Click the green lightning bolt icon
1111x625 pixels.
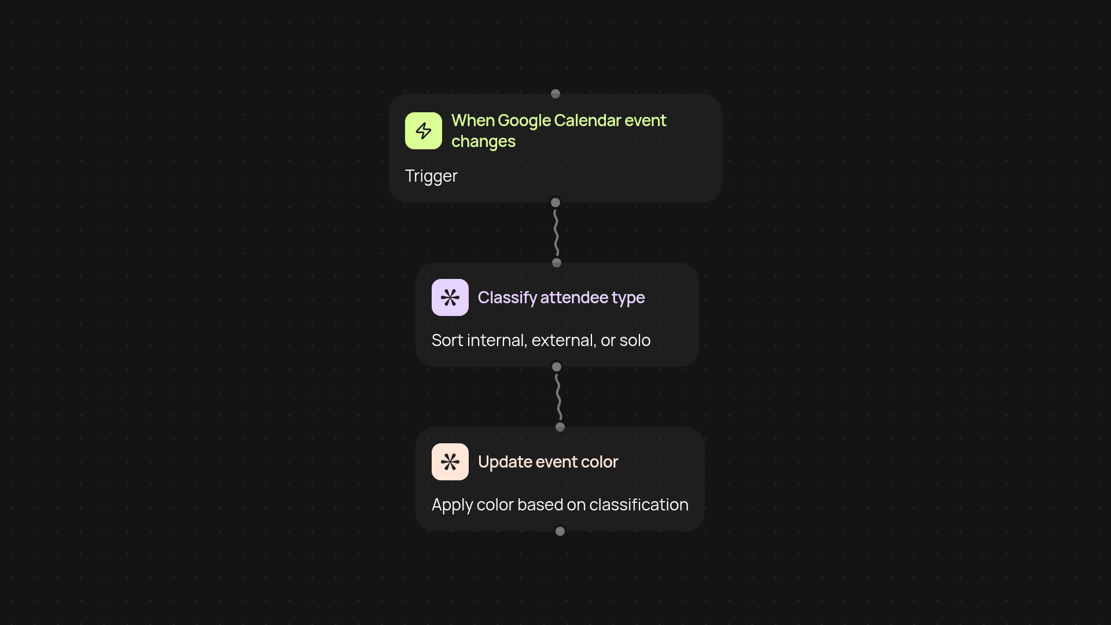pos(424,131)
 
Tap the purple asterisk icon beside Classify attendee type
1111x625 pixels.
pos(450,297)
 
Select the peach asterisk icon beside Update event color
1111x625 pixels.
pos(450,462)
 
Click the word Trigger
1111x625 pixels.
pos(431,176)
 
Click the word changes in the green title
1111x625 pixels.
pos(483,142)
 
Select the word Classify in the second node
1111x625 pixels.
pos(507,297)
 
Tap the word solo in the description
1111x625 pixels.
pos(635,340)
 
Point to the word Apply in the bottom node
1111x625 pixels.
pos(452,505)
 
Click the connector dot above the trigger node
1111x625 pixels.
pos(555,94)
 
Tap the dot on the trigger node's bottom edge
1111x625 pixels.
pos(555,203)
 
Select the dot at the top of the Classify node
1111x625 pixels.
pos(557,263)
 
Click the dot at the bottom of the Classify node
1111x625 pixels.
pos(557,367)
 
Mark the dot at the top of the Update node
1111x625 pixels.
pos(560,427)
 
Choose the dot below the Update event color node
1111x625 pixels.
pos(560,531)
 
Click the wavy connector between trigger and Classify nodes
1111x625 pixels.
pos(556,233)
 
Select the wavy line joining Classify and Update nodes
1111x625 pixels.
pos(558,397)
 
